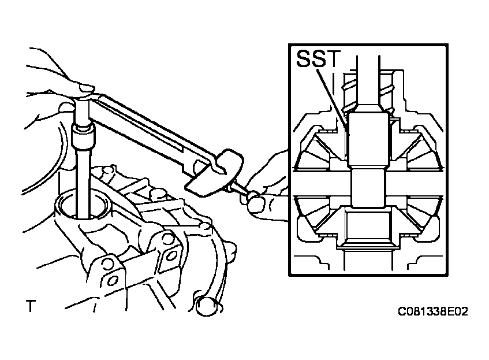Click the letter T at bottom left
pyautogui.click(x=30, y=306)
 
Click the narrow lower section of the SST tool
pyautogui.click(x=368, y=188)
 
